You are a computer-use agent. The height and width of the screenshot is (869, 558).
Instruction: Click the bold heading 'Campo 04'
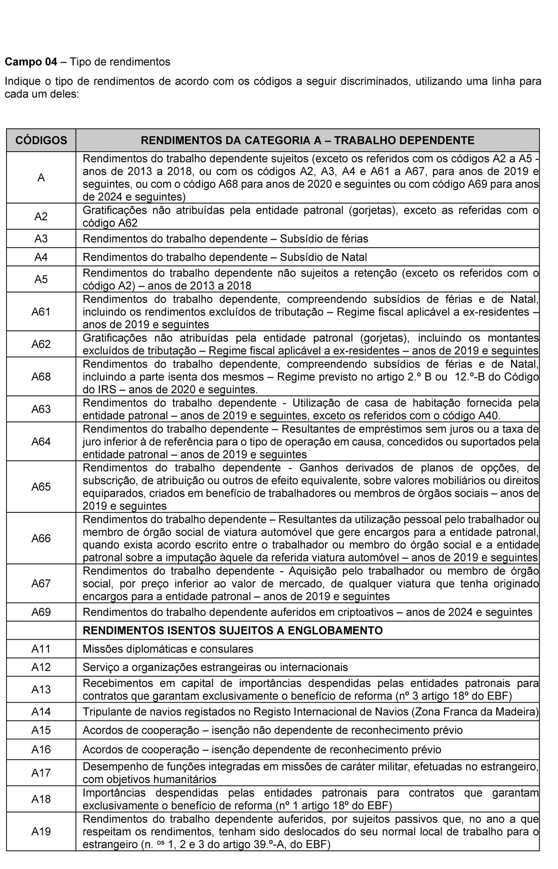[x=31, y=62]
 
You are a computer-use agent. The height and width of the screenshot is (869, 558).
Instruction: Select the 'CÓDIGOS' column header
[x=41, y=140]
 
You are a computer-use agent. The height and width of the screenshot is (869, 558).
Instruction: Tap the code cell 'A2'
[x=41, y=216]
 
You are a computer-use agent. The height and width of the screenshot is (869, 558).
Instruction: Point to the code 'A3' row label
[x=41, y=239]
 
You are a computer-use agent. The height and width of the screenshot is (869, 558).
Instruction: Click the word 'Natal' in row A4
[x=354, y=257]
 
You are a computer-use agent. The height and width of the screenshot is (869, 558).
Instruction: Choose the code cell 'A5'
[x=41, y=279]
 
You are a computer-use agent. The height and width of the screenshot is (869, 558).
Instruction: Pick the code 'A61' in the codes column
[x=41, y=312]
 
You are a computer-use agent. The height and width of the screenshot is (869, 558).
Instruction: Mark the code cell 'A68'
[x=41, y=377]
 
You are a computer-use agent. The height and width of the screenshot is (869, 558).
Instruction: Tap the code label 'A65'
[x=41, y=487]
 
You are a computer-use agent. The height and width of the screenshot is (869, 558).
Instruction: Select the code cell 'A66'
[x=41, y=539]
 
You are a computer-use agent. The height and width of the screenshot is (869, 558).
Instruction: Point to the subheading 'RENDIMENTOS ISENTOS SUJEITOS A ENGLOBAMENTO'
[x=233, y=630]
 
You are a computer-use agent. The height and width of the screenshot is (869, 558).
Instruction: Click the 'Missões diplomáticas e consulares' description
[x=168, y=648]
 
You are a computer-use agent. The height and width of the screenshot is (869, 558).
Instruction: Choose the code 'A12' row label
[x=41, y=667]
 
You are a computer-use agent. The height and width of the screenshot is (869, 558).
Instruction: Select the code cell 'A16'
[x=41, y=749]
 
